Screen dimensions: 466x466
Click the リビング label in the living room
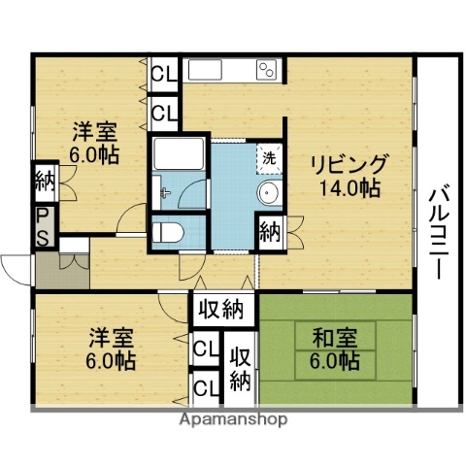click(x=349, y=163)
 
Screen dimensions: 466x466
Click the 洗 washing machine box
click(x=268, y=158)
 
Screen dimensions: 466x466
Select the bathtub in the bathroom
click(x=177, y=154)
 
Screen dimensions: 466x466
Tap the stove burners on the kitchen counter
click(x=267, y=69)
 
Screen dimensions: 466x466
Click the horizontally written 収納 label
click(x=221, y=311)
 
